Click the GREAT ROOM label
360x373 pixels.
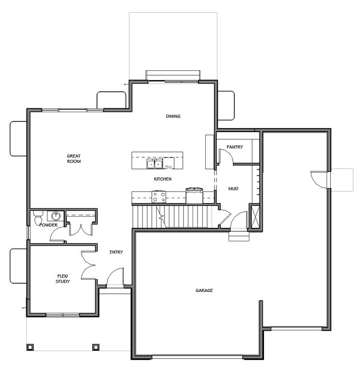click(74, 158)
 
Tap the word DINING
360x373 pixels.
click(173, 116)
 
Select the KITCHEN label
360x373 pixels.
click(163, 179)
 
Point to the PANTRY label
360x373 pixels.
click(234, 147)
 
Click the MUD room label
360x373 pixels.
click(233, 188)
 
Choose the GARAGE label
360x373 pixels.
click(204, 290)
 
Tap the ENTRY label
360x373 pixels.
click(116, 252)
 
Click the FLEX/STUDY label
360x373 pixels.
click(63, 278)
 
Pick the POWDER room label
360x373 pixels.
click(49, 225)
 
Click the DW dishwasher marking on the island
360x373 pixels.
click(169, 167)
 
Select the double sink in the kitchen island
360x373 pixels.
click(155, 164)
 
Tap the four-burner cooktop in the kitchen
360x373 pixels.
click(159, 196)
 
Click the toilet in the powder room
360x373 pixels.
click(38, 219)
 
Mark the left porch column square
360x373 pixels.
click(30, 347)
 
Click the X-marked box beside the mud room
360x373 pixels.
click(254, 216)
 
